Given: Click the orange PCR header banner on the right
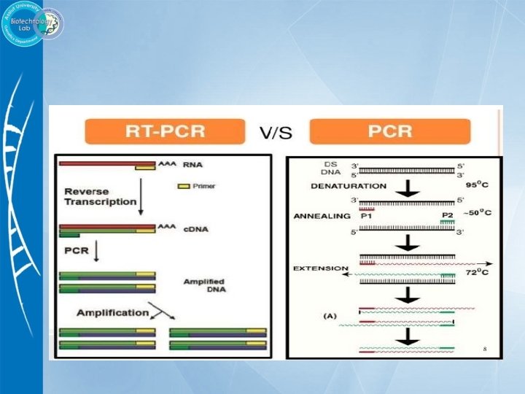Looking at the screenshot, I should tap(390, 132).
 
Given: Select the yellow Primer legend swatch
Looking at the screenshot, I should tap(184, 186).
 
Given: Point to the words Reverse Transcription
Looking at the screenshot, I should tap(100, 196).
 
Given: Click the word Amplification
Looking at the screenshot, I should tap(112, 312).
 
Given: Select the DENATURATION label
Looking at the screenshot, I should tap(349, 186).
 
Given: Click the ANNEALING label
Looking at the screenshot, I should tap(322, 216).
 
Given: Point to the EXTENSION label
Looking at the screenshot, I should tap(321, 269).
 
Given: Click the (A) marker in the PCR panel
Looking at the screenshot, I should tap(330, 316).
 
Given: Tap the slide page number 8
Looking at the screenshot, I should tap(484, 349).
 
